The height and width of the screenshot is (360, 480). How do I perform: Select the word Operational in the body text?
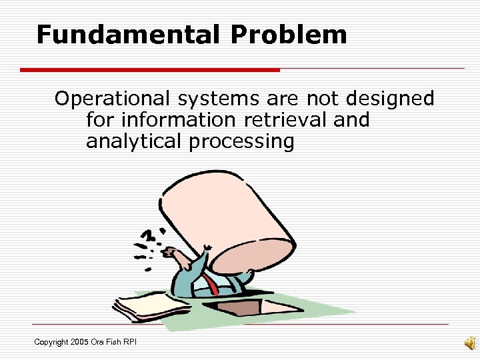[113, 99]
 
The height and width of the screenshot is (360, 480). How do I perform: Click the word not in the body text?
[323, 99]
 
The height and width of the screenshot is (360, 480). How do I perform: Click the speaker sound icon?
[470, 343]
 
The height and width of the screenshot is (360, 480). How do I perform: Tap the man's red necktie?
[213, 285]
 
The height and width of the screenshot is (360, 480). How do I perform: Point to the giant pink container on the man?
[230, 213]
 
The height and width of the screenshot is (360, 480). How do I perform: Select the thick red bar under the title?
[150, 69]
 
